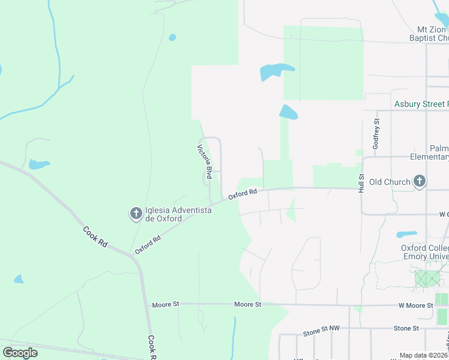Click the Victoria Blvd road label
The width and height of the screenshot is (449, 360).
[205, 161]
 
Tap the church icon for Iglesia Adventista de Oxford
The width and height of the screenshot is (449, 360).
[136, 212]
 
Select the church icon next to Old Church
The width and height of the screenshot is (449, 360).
[420, 181]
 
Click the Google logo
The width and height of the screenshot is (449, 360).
[20, 352]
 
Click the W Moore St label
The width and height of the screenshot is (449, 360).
[415, 305]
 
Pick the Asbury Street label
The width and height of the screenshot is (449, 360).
[421, 104]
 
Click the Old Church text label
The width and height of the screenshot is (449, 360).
[390, 182]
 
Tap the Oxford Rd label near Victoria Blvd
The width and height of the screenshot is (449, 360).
[243, 193]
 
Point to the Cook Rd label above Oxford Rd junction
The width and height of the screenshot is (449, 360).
[95, 236]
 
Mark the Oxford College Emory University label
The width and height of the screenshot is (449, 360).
[424, 253]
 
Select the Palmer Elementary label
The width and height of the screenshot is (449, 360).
[439, 153]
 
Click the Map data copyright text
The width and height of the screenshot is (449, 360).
[423, 355]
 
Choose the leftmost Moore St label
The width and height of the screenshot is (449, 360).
[166, 305]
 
